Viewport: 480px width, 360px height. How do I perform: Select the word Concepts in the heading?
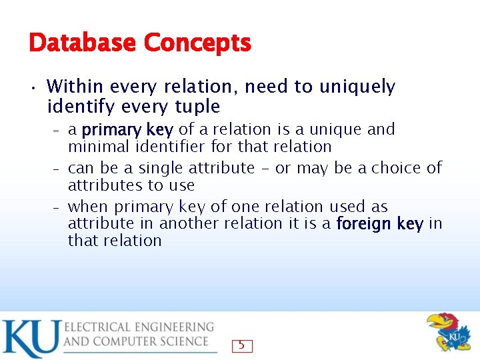click(197, 43)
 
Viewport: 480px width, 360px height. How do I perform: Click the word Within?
click(75, 87)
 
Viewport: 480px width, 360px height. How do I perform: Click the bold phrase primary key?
click(127, 129)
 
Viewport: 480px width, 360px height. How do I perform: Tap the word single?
click(162, 168)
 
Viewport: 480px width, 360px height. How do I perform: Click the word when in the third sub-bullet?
click(88, 207)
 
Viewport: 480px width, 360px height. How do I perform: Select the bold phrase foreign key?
click(380, 224)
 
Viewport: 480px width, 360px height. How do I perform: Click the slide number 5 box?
click(242, 345)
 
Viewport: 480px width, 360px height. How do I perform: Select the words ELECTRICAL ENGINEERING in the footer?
click(139, 327)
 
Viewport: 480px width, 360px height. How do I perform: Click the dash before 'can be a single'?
click(58, 169)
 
